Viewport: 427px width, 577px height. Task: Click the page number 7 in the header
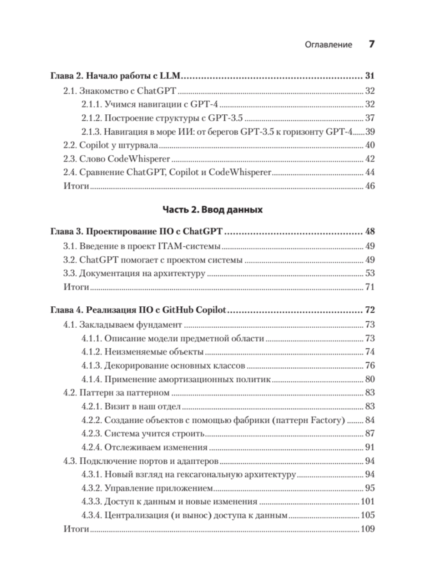372,44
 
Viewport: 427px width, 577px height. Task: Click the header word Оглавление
328,45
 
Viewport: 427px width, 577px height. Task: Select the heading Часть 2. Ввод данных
212,210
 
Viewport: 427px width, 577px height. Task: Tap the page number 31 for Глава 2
370,76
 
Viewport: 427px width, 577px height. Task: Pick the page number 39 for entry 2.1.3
370,132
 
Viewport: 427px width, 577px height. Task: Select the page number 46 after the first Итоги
370,186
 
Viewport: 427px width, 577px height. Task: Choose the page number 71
370,287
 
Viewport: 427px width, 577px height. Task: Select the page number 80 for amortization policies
370,379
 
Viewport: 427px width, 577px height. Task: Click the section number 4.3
70,461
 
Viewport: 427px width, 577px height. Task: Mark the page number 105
368,515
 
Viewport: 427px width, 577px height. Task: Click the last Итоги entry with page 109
76,529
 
